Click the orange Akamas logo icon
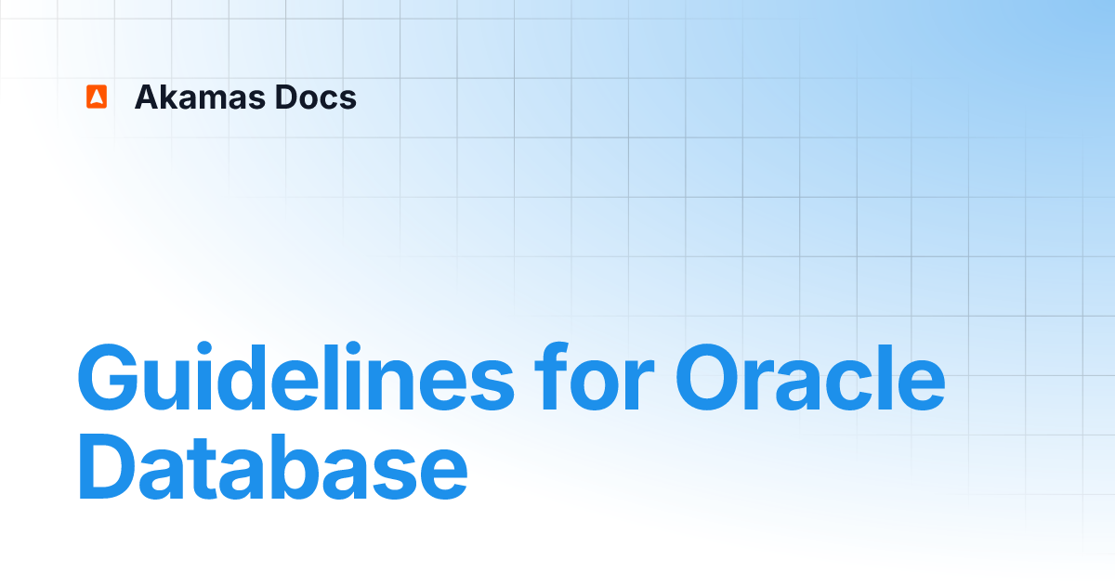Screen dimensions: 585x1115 coord(97,97)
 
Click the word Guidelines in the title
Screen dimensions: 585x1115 coord(295,379)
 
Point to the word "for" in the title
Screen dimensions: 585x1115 coord(594,379)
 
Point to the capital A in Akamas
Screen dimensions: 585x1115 coord(147,97)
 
